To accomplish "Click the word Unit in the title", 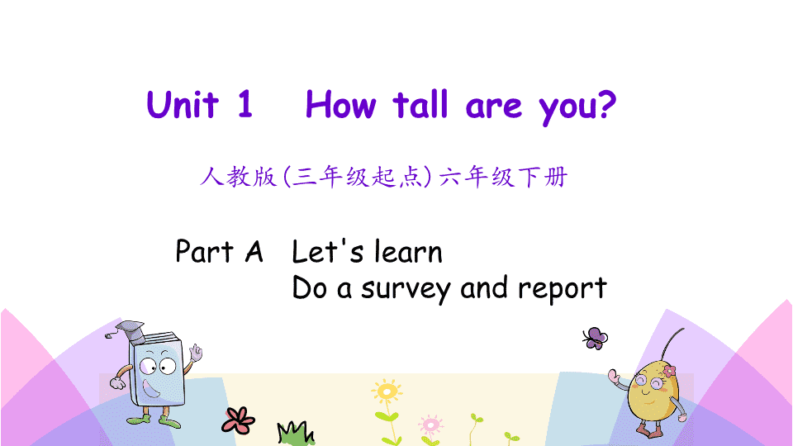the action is tap(183, 105).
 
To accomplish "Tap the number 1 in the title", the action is tap(245, 104).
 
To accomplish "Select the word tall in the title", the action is tap(420, 105).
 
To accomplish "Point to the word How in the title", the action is tap(341, 105).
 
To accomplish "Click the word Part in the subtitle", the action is tap(204, 251).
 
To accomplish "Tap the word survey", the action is tap(406, 289).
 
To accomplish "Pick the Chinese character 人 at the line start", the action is tap(211, 177).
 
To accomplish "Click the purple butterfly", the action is tap(595, 339).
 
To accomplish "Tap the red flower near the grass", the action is tap(238, 420).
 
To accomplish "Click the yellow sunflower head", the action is tap(387, 391).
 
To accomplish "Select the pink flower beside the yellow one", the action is tap(431, 425).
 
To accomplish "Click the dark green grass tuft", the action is tap(296, 434).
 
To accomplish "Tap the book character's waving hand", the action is tap(195, 353).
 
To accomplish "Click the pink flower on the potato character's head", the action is tap(669, 372).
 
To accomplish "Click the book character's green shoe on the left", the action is tap(139, 420).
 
